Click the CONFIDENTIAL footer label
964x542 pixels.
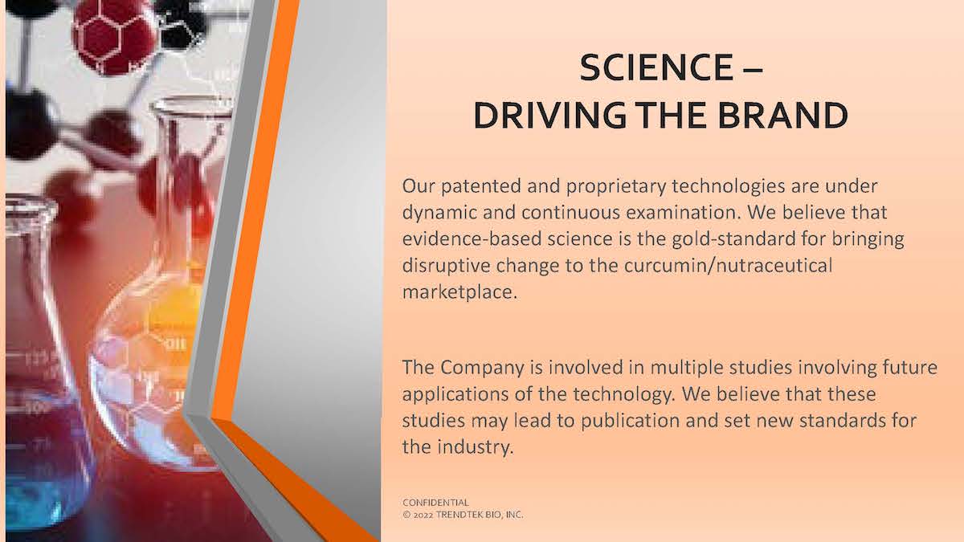point(435,503)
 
